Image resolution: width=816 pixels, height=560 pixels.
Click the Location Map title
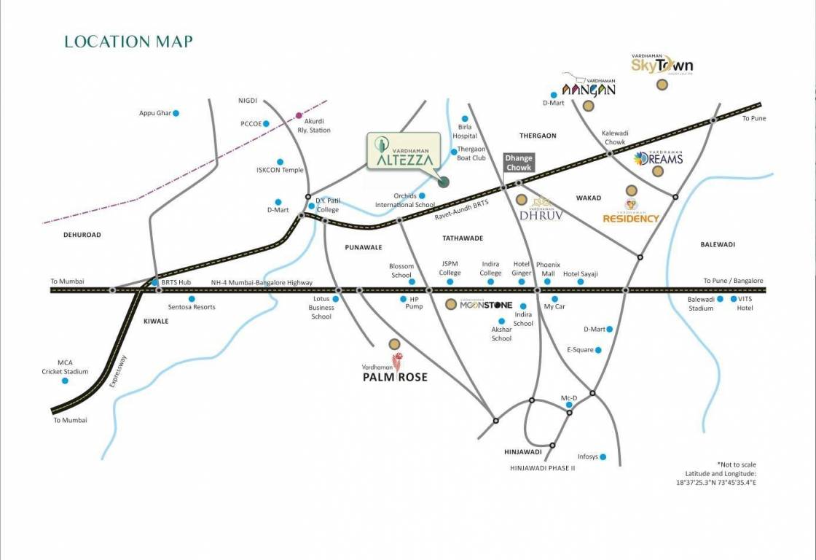(x=128, y=42)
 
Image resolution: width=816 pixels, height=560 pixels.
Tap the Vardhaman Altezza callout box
(x=404, y=151)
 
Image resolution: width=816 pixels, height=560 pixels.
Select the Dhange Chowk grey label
(x=519, y=163)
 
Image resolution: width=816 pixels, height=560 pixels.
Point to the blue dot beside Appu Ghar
(x=176, y=113)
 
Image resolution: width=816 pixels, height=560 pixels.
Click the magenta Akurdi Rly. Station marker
(x=299, y=115)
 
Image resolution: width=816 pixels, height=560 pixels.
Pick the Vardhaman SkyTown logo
(x=662, y=64)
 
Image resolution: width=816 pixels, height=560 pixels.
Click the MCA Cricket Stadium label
(x=64, y=367)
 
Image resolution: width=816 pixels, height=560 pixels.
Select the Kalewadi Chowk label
(x=615, y=138)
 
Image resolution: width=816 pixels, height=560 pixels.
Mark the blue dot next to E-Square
(x=599, y=350)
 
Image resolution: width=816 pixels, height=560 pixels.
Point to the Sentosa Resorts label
(x=192, y=307)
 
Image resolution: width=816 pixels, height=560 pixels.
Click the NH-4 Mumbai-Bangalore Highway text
(x=262, y=282)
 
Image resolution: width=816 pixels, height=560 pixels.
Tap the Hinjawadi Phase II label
(x=542, y=468)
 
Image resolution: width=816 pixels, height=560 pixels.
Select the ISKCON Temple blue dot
(x=280, y=162)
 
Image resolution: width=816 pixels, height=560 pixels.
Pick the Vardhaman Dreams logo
(x=658, y=158)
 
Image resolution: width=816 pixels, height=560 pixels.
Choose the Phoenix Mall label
(x=548, y=269)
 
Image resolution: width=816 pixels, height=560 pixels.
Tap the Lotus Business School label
(x=321, y=308)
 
